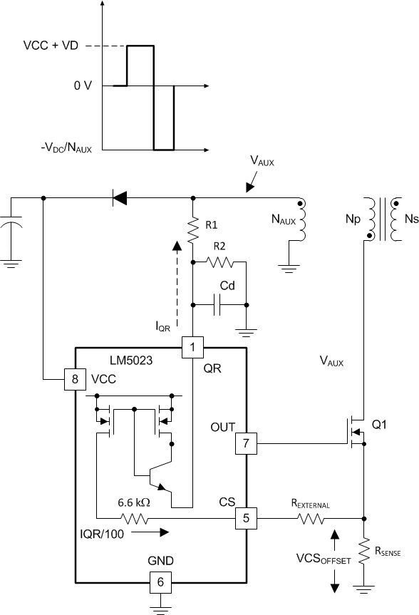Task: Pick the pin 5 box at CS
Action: [246, 518]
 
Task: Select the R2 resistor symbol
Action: [221, 263]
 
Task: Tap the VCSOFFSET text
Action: [324, 559]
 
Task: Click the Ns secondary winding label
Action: [410, 221]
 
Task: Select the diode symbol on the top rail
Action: [120, 197]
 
